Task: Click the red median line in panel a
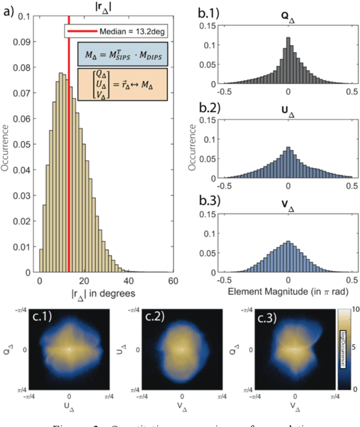click(x=69, y=169)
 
